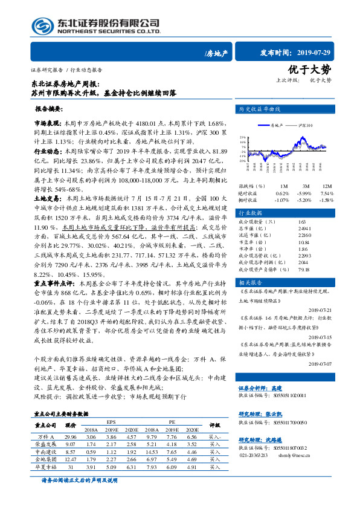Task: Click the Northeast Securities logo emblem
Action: tap(42, 25)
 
